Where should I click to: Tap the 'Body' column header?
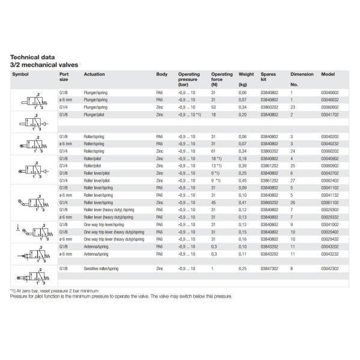(x=161, y=74)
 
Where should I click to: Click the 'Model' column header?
(x=328, y=74)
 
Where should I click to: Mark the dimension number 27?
(x=293, y=180)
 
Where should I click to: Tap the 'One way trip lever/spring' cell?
(x=100, y=224)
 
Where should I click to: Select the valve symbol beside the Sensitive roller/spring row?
(x=34, y=273)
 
